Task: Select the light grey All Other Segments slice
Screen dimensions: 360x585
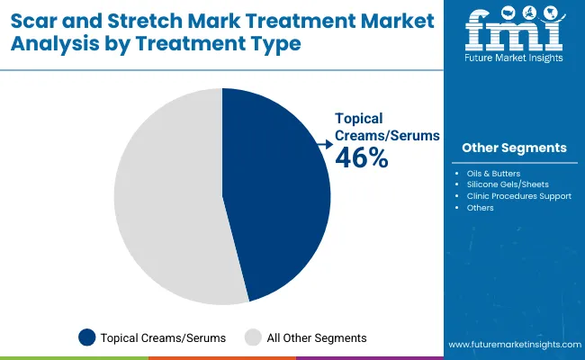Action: click(166, 198)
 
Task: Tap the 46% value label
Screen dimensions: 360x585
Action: click(362, 158)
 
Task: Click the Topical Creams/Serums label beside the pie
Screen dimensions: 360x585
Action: click(387, 126)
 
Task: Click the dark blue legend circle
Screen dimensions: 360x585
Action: click(87, 337)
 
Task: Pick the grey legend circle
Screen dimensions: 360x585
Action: click(255, 337)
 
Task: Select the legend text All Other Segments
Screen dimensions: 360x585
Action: click(317, 337)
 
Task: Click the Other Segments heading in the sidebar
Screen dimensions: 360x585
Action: click(514, 148)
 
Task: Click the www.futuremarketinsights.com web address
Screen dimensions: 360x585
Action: click(513, 345)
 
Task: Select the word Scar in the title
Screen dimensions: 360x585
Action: click(34, 20)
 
